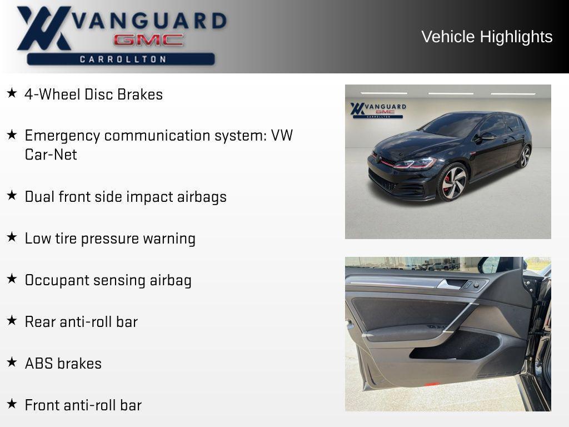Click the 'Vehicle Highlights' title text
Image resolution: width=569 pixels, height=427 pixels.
coord(487,37)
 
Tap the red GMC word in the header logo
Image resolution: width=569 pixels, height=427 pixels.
coord(148,40)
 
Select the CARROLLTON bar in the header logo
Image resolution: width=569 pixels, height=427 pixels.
coord(121,59)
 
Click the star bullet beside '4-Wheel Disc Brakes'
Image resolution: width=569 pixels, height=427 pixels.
coord(12,93)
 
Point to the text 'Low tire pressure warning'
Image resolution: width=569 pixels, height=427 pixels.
coord(110,239)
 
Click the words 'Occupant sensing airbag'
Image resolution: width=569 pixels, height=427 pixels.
coord(108,280)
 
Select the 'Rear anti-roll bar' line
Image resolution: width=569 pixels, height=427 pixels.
coord(81,322)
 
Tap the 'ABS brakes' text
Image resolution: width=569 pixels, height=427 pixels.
coord(63,364)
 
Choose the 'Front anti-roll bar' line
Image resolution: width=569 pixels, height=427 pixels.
coord(83,405)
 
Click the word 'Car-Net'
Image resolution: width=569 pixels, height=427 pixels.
coord(51,155)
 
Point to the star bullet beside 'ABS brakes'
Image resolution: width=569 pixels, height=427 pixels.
coord(12,363)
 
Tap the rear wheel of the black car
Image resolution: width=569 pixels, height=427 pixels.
coord(524,157)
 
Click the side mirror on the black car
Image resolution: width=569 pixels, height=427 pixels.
coord(488,136)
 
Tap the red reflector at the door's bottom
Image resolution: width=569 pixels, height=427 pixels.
coord(432,384)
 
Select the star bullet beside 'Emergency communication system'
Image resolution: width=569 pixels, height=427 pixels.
coord(12,135)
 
